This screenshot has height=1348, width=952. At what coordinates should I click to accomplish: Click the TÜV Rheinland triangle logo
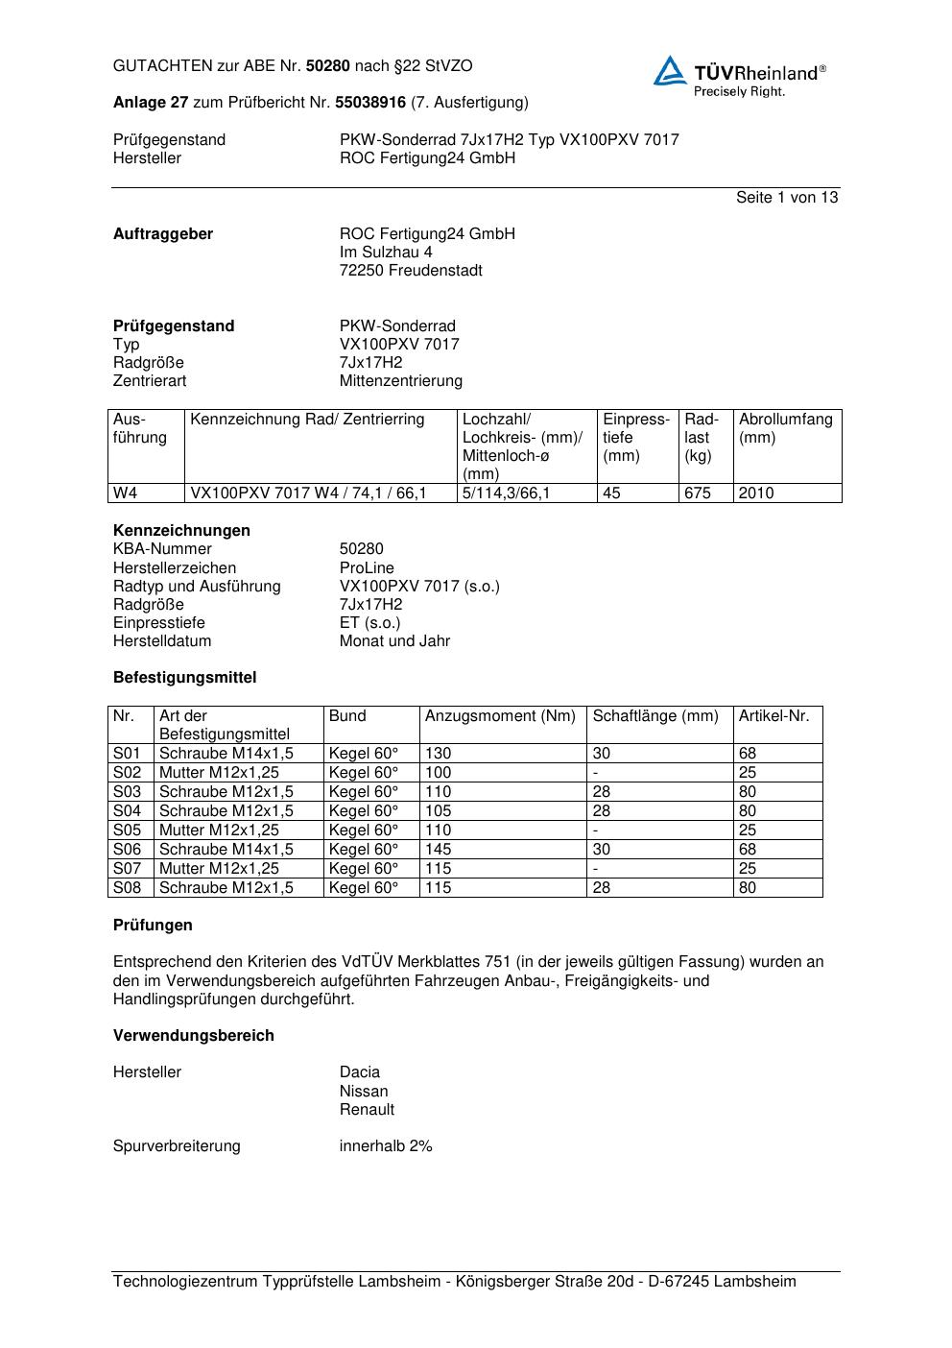670,72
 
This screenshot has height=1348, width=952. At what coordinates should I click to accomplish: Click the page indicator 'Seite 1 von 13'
786,197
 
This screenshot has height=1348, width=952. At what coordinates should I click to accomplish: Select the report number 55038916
371,102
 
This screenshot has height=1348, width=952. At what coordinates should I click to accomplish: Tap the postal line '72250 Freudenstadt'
411,270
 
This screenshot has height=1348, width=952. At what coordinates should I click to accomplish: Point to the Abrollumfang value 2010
756,493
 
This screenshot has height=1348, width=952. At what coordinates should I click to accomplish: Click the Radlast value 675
698,493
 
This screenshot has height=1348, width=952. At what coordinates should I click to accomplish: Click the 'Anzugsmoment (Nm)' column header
500,715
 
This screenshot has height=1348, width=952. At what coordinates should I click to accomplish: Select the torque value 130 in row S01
438,753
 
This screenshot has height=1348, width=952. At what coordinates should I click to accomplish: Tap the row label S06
128,849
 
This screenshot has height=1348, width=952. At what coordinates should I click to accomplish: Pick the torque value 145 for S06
438,849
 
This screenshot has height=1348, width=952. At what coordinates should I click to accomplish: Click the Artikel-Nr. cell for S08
748,887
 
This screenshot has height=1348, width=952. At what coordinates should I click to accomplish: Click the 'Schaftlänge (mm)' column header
655,715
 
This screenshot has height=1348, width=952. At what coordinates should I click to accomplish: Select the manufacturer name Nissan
364,1091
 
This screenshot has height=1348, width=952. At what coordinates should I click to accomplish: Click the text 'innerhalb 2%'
386,1145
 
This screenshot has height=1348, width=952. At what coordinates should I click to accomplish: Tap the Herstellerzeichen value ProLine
367,567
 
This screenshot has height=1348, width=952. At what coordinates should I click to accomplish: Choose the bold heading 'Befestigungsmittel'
185,677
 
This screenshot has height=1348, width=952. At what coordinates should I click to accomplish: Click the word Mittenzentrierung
401,380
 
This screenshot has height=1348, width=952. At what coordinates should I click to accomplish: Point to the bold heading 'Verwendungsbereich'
194,1035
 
